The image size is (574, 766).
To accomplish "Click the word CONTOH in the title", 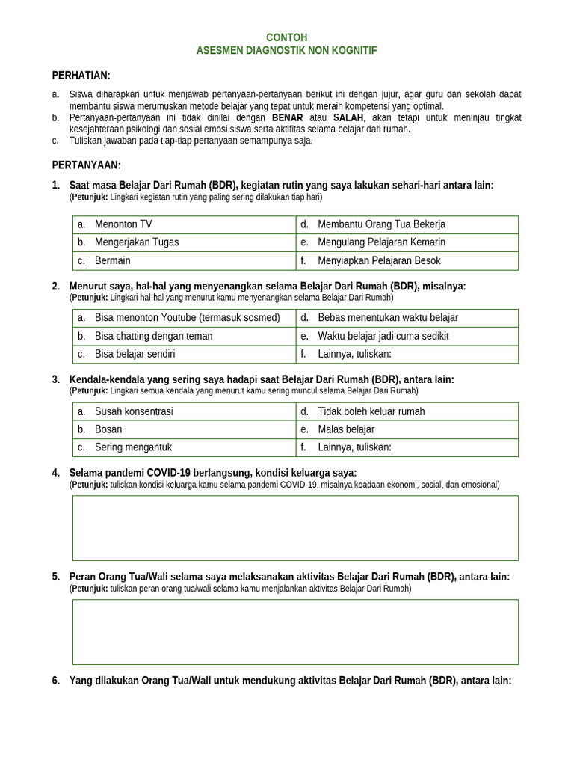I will point(287,37).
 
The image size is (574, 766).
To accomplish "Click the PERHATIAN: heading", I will point(81,76).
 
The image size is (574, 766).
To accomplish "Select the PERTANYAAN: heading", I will point(86,165).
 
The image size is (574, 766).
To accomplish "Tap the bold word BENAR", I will point(287,118).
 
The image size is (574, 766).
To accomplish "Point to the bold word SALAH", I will point(348,118).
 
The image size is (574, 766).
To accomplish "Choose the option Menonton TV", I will point(123,224).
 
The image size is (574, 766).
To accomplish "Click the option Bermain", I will point(113,261).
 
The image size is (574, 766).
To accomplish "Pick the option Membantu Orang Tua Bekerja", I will point(381,224).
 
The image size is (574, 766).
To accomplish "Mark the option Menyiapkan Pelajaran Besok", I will point(379,261).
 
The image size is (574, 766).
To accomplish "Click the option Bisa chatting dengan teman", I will point(154,336).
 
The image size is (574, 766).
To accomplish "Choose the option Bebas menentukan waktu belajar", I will point(388,318).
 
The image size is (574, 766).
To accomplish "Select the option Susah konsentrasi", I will point(134,411).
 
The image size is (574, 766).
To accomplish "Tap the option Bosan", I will point(108,429).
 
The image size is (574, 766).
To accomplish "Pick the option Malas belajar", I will point(346,429).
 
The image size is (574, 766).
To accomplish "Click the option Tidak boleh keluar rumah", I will point(371,411).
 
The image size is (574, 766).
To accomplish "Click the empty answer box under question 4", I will point(295,528).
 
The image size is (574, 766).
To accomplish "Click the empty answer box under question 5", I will point(295,632).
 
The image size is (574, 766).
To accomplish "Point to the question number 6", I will point(56,681).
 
